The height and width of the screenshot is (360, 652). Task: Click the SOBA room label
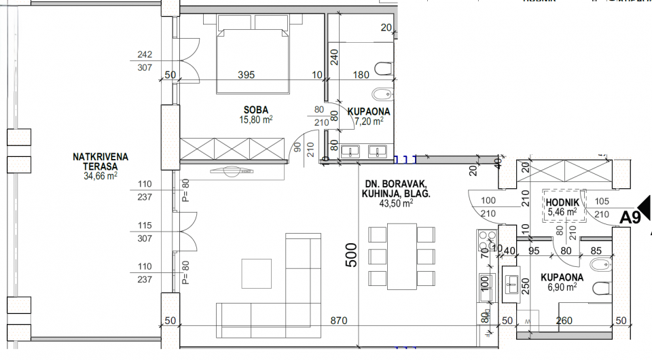(x=256, y=109)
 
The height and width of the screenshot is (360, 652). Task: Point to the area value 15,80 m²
(x=256, y=120)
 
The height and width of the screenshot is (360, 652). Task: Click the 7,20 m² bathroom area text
(x=369, y=121)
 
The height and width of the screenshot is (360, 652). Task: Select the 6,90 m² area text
(x=562, y=288)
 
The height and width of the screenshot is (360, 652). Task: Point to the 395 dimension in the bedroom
(x=246, y=75)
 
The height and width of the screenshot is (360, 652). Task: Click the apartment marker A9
(x=631, y=217)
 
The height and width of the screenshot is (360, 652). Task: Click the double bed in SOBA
(x=252, y=60)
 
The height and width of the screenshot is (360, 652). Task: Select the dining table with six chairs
(x=401, y=257)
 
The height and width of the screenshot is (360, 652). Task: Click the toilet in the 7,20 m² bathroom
(x=383, y=67)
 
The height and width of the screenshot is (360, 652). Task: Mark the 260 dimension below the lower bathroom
(x=564, y=320)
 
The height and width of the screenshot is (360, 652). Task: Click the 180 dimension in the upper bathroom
(x=360, y=75)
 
